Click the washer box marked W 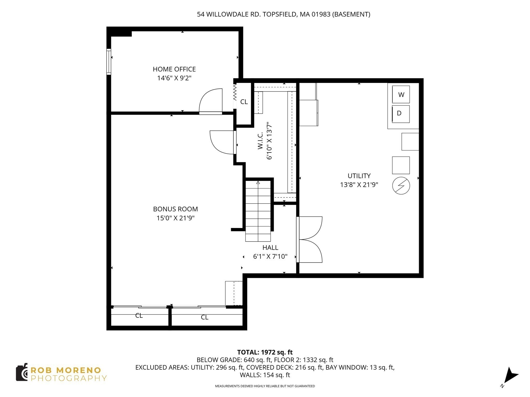point(401,95)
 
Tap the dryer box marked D point(401,114)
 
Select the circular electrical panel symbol point(401,186)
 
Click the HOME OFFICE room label point(174,69)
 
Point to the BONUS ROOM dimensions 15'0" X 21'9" point(175,218)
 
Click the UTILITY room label point(359,176)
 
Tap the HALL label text point(270,248)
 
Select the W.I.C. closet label point(260,141)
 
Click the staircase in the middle point(258,211)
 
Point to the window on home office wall point(109,62)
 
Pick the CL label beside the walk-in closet point(244,102)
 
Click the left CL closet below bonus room point(139,316)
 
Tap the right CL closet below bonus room point(204,317)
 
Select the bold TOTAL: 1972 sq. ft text point(265,352)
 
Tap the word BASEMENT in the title point(351,14)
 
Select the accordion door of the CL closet point(235,93)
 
